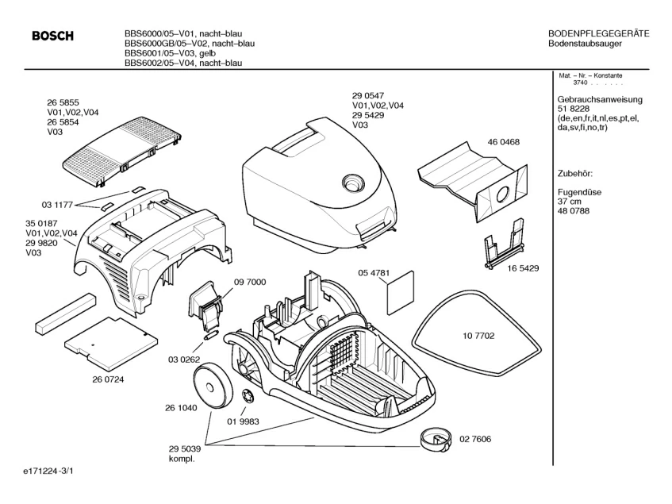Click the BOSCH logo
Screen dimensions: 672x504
coord(52,36)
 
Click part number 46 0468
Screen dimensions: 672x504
coord(503,142)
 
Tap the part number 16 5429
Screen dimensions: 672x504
coord(523,268)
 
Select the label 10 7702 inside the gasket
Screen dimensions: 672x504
coord(478,336)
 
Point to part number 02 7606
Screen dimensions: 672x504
coord(475,439)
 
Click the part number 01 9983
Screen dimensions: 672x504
coord(243,421)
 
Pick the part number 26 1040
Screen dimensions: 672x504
coord(181,408)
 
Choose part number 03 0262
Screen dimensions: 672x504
coord(184,360)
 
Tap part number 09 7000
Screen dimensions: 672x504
coord(250,282)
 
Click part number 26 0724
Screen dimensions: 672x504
coord(108,379)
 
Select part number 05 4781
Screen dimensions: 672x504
coord(374,273)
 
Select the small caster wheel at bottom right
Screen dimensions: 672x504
coord(436,440)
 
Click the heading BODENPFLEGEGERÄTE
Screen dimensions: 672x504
coord(599,33)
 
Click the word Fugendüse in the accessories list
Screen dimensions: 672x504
coord(579,192)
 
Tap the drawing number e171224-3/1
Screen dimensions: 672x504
coord(48,471)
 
